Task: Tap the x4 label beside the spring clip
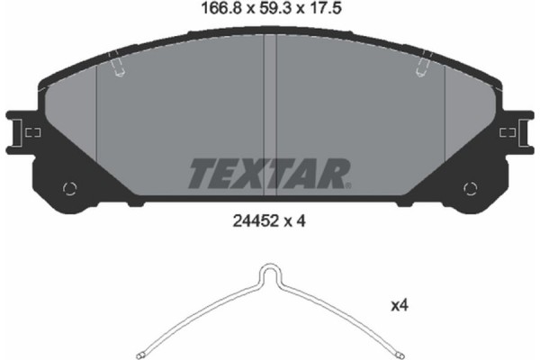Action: point(400,308)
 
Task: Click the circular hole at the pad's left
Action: point(69,188)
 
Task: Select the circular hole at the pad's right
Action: point(468,188)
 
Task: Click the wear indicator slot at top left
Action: point(114,66)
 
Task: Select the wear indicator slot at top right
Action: point(423,66)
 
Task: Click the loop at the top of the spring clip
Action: point(269,273)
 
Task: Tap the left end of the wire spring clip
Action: point(141,351)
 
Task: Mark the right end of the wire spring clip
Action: point(397,351)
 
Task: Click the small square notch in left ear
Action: point(30,132)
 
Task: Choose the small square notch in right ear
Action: point(509,132)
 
